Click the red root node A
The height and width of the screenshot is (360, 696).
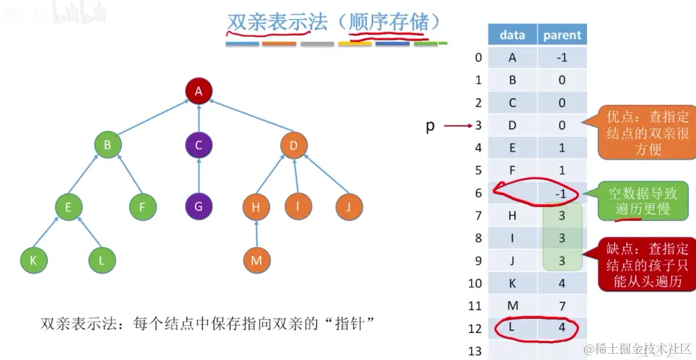(198, 91)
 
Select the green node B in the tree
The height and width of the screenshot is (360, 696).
(107, 145)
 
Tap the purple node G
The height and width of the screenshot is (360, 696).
(198, 206)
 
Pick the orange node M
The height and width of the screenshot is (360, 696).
(257, 260)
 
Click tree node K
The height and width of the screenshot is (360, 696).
(33, 260)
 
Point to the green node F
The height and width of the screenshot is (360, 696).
(142, 206)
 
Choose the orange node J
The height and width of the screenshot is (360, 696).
(349, 206)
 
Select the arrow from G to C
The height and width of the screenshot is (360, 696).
(198, 176)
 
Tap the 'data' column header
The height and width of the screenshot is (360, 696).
(513, 35)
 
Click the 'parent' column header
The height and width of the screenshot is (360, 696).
(562, 35)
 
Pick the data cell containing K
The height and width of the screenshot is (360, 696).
(513, 284)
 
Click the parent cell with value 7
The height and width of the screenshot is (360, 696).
(562, 306)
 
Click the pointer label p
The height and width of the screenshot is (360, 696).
(430, 126)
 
